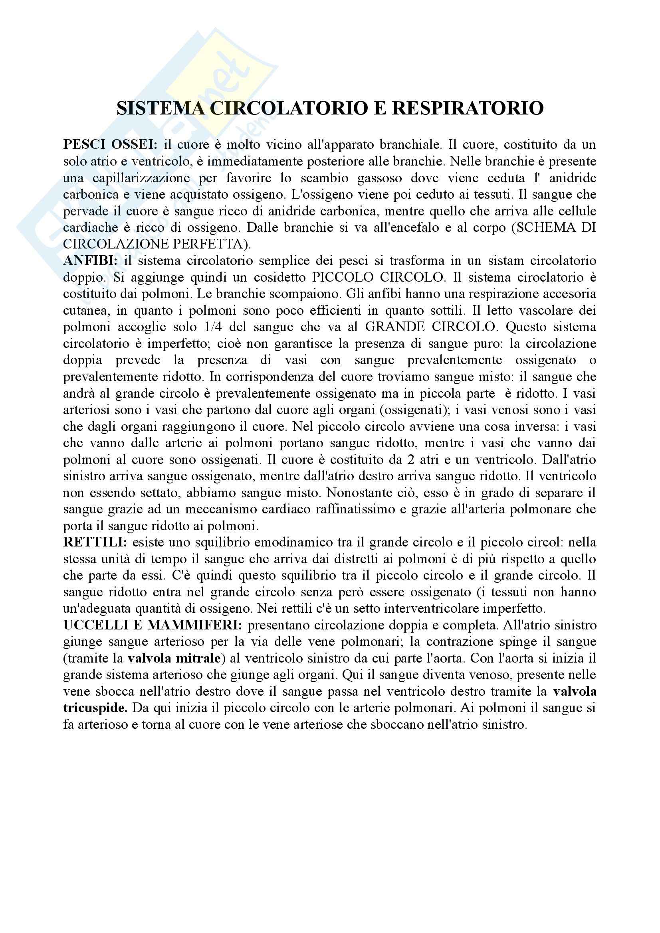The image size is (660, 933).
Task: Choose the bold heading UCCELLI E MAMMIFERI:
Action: tap(153, 625)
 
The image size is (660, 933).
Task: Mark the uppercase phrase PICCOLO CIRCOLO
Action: tap(378, 277)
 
